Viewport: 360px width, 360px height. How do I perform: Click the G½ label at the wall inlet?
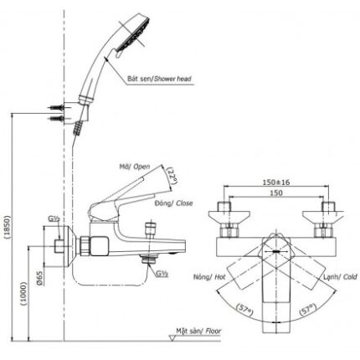coord(52,220)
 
